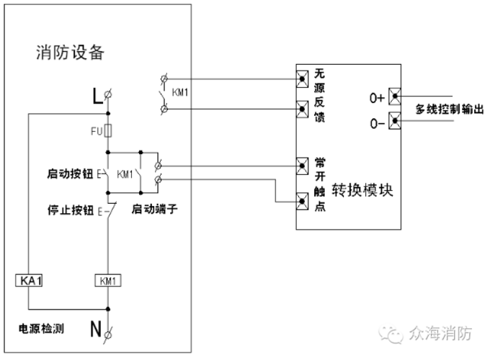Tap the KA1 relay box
(x=30, y=280)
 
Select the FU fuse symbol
(x=107, y=131)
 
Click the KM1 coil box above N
(x=107, y=280)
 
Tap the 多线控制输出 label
(x=448, y=109)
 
